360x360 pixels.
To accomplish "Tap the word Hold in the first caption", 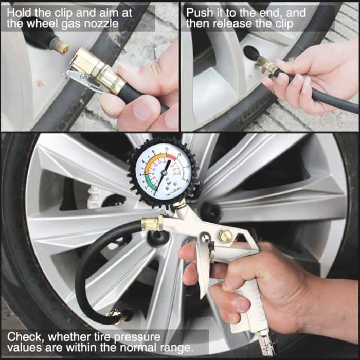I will pyautogui.click(x=19, y=11).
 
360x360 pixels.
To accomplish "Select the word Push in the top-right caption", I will pyautogui.click(x=200, y=12).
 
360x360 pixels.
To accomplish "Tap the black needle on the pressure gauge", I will pyautogui.click(x=164, y=173).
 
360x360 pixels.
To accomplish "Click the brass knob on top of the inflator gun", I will pyautogui.click(x=225, y=237).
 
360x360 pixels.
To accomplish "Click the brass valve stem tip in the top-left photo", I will pyautogui.click(x=62, y=48).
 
